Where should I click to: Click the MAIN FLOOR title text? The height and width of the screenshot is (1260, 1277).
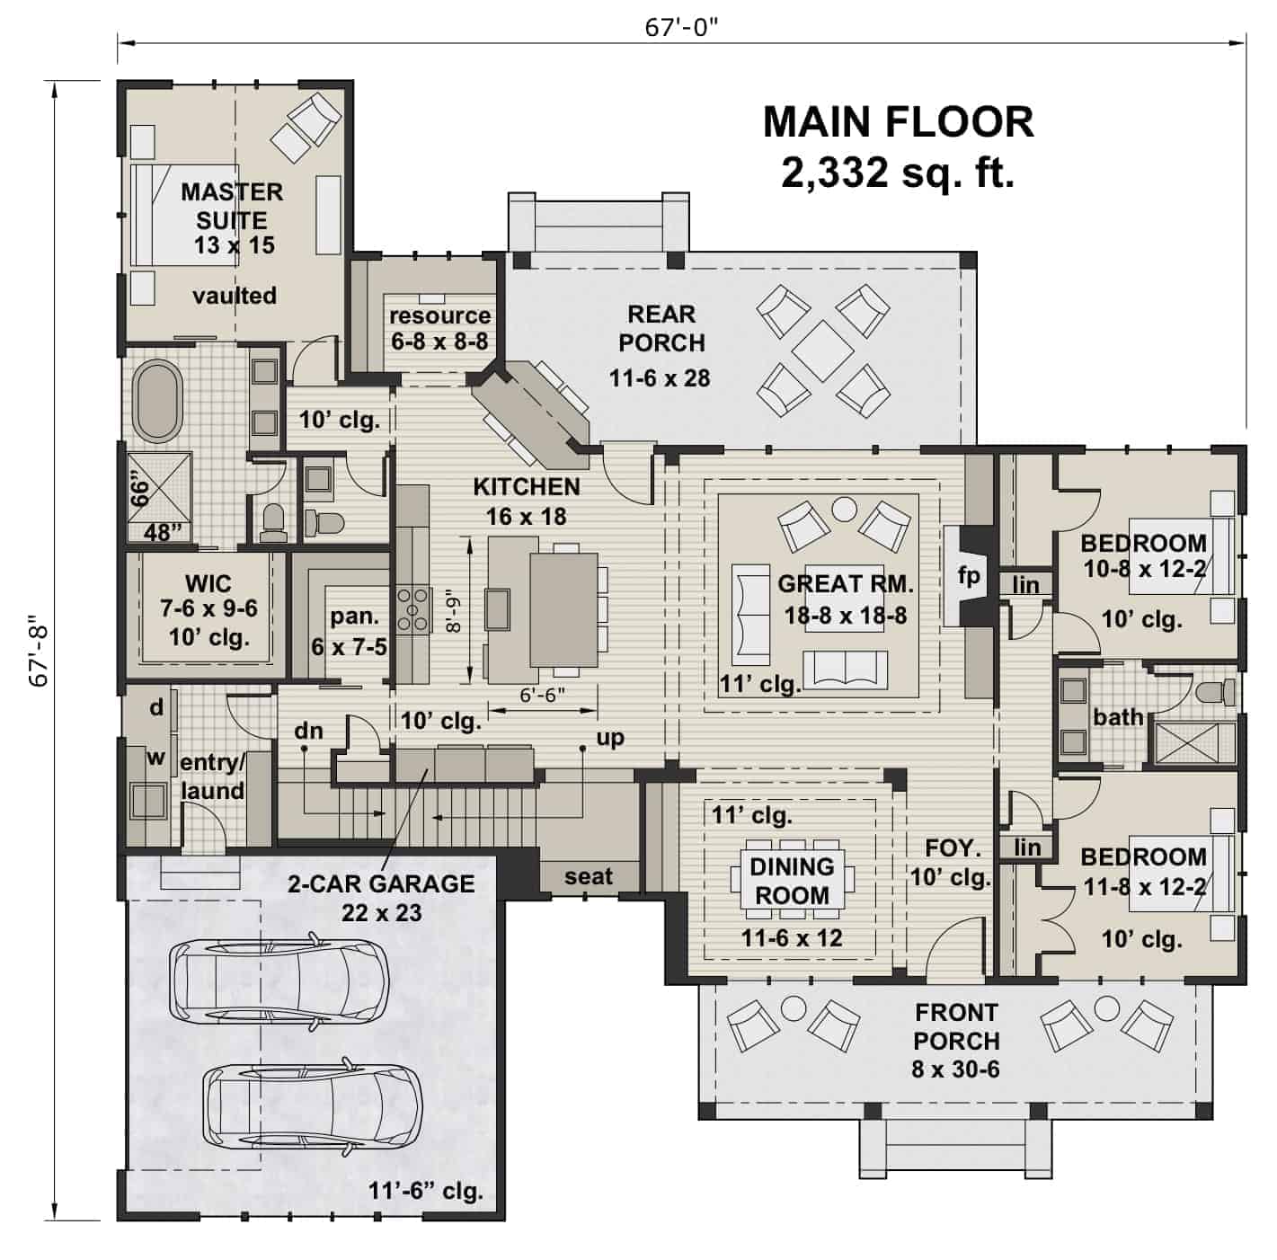(x=898, y=122)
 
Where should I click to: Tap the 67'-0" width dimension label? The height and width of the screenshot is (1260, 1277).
(x=682, y=28)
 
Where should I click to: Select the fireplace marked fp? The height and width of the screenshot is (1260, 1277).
(x=969, y=575)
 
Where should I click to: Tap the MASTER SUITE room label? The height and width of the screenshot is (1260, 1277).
(x=232, y=206)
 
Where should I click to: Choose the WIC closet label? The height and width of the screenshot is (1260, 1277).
(x=208, y=583)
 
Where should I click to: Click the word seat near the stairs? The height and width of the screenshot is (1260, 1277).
(x=589, y=876)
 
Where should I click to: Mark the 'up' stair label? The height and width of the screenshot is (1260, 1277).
(x=610, y=738)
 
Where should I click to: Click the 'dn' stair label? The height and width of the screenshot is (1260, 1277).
(x=308, y=731)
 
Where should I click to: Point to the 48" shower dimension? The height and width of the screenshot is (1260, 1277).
(x=162, y=533)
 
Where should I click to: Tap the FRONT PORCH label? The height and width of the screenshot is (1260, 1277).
(x=956, y=1026)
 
